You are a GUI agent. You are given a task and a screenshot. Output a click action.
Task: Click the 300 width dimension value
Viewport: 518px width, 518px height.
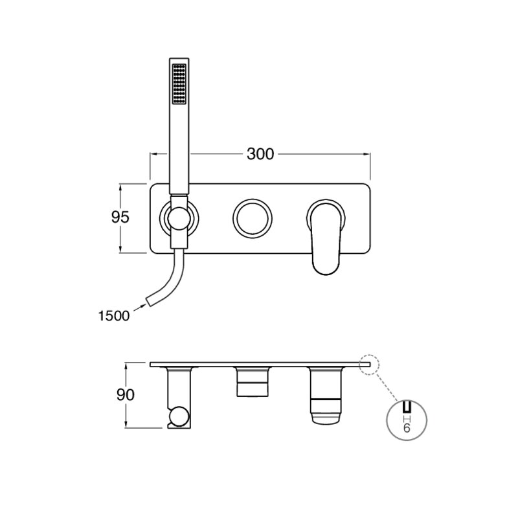pos(260,154)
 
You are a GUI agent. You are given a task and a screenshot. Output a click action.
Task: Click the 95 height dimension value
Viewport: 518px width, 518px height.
pos(120,217)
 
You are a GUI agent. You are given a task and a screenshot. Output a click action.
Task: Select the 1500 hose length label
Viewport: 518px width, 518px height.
pos(114,316)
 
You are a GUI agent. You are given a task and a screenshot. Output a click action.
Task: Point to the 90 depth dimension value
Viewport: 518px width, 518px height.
pos(126,395)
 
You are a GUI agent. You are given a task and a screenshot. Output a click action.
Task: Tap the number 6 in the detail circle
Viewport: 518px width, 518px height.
pos(407,428)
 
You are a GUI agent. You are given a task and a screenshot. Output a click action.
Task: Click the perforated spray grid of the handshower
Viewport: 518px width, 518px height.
pos(179,84)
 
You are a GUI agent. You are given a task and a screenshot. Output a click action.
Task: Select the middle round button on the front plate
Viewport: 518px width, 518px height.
pos(253,218)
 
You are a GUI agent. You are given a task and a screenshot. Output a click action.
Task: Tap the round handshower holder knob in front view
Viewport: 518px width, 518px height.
pos(179,218)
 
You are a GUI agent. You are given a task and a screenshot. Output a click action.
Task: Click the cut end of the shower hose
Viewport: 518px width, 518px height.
pos(150,302)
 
